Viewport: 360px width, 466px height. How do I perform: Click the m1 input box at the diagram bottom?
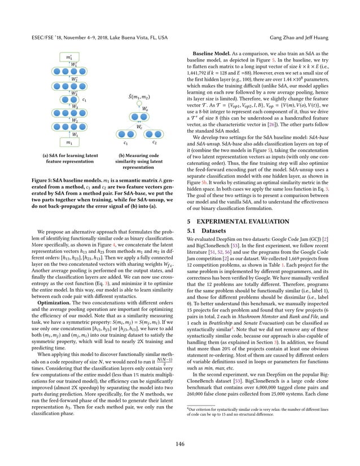[69, 143]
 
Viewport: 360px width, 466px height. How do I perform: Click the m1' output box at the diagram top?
[69, 58]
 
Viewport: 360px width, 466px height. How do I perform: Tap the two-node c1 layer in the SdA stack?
[69, 100]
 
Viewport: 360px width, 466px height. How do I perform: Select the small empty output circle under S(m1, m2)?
[139, 104]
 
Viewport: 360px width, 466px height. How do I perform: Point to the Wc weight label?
[139, 127]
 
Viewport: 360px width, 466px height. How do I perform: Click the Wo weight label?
[145, 109]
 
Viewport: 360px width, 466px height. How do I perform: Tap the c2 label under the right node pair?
[155, 143]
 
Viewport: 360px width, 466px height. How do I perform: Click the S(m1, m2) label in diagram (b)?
[139, 96]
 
